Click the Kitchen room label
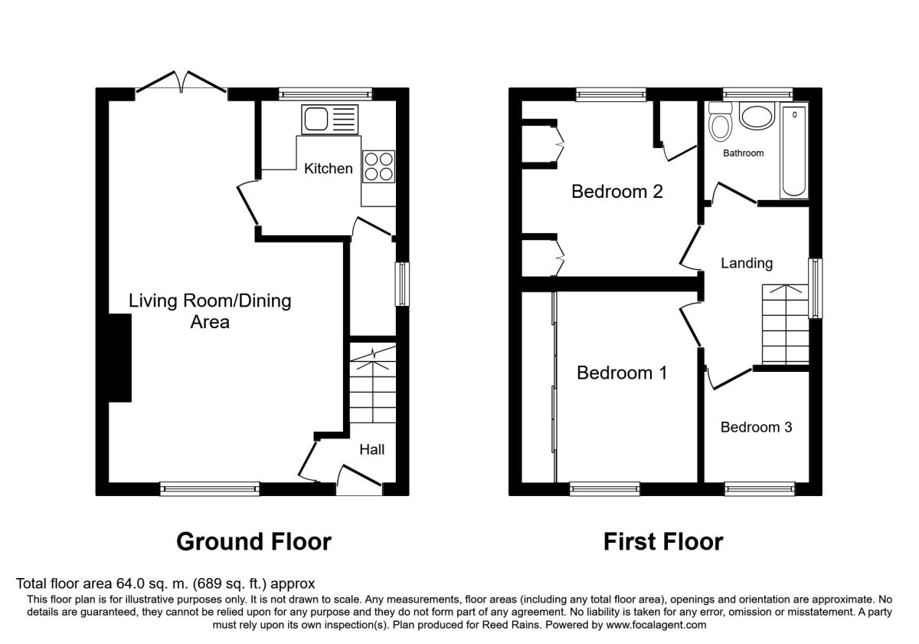coord(329,169)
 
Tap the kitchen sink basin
coord(316,119)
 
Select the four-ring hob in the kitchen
coord(378,166)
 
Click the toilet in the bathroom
coord(721,122)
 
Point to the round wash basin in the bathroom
coord(757,117)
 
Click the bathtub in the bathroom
coord(794,151)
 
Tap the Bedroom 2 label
coord(617,192)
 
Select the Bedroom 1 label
coord(622,373)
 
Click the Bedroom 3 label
coord(756,427)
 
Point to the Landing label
coord(747,263)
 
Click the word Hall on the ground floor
coord(371,449)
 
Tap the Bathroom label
coord(743,153)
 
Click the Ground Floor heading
coord(254,542)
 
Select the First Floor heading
coord(663,542)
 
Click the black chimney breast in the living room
coord(119,358)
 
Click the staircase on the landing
coord(785,324)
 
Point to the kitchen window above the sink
coord(325,94)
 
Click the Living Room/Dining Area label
coord(210,311)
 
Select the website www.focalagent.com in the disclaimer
coord(656,625)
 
